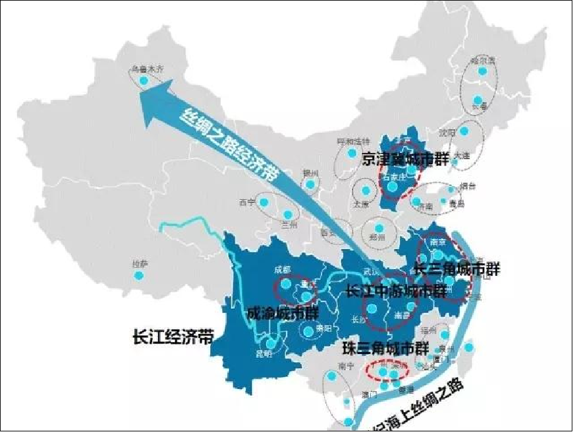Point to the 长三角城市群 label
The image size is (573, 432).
tap(458, 269)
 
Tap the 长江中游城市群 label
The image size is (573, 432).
tap(395, 291)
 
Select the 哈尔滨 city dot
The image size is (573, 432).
tap(482, 71)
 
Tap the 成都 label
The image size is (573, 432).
tap(282, 270)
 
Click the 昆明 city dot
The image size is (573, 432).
tap(271, 343)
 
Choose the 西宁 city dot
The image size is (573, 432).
tap(263, 202)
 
